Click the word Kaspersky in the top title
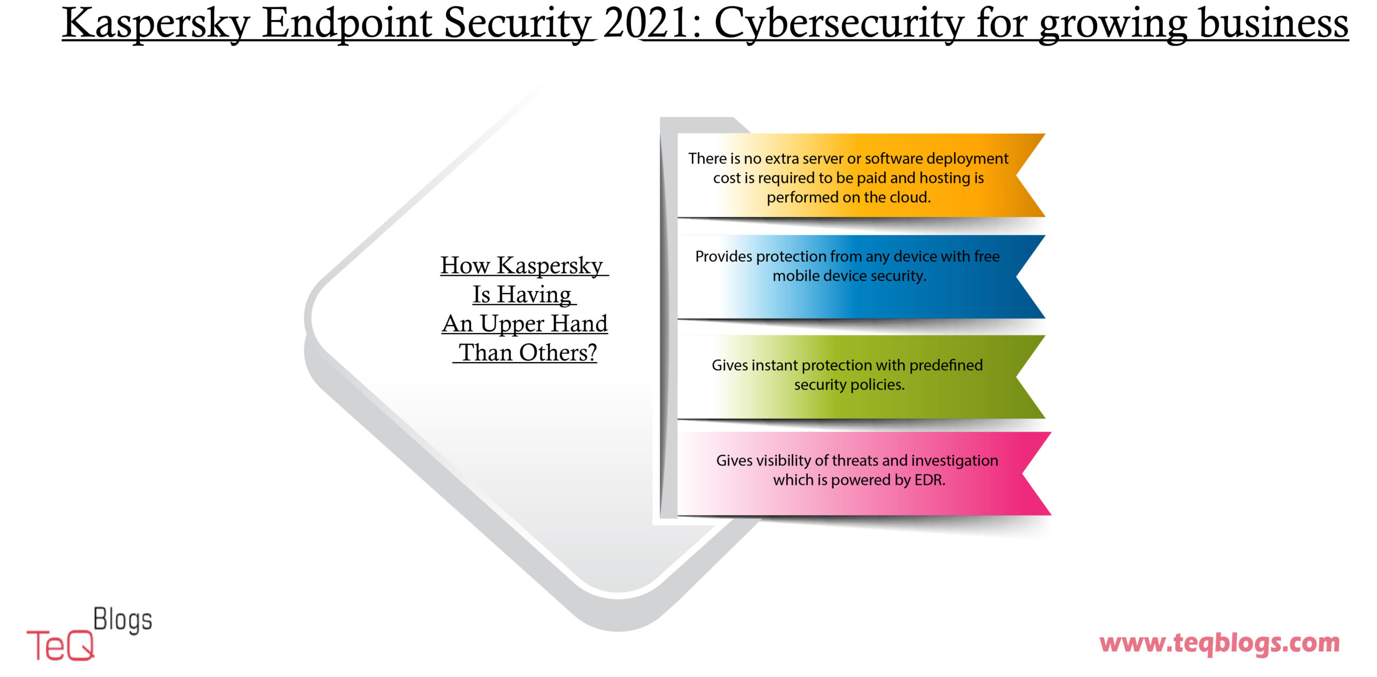pyautogui.click(x=157, y=24)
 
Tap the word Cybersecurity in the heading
pyautogui.click(x=839, y=24)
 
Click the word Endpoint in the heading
pyautogui.click(x=347, y=24)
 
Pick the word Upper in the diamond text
pyautogui.click(x=512, y=325)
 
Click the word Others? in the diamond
pyautogui.click(x=558, y=352)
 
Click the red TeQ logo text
pyautogui.click(x=60, y=645)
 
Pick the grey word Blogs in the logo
pyautogui.click(x=123, y=620)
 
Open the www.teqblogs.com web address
pyautogui.click(x=1219, y=643)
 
